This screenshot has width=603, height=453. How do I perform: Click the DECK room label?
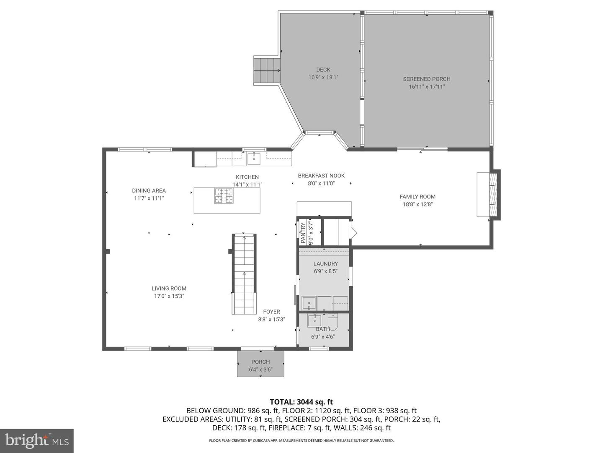[323, 70]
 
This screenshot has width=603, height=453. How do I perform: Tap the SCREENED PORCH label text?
[427, 79]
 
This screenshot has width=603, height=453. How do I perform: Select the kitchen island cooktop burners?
[224, 195]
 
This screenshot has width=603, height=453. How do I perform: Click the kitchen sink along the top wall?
[254, 159]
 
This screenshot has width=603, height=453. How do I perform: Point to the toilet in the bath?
[332, 322]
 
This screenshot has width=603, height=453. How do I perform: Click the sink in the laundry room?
[309, 303]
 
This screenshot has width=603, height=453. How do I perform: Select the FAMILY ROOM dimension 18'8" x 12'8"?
[417, 204]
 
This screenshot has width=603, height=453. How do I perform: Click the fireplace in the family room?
[489, 195]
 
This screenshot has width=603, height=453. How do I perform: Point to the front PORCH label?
[261, 362]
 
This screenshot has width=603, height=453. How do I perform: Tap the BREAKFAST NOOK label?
[321, 176]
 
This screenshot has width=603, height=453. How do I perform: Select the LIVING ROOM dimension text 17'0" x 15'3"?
[169, 296]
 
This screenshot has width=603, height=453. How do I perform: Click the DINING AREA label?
[149, 190]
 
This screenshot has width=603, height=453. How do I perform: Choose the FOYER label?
[271, 312]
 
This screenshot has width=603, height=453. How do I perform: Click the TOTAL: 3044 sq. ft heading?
[301, 402]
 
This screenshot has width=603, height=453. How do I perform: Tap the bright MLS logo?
[37, 440]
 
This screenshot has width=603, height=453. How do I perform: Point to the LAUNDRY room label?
[325, 264]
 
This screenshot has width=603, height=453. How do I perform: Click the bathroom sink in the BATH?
[314, 321]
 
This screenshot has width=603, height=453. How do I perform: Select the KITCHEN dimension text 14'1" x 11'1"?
[247, 185]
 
